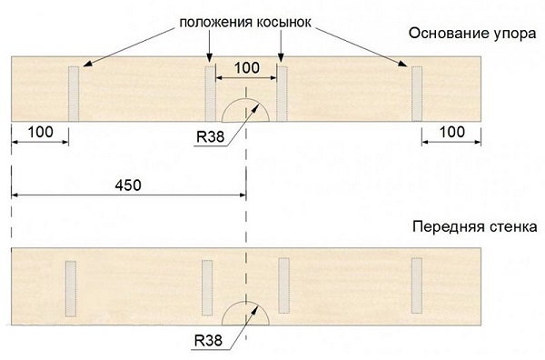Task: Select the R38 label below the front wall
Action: click(206, 342)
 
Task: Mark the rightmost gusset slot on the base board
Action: click(417, 93)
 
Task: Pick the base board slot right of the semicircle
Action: click(282, 93)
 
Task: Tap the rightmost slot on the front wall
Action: click(417, 284)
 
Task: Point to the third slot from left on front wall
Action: click(283, 284)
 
